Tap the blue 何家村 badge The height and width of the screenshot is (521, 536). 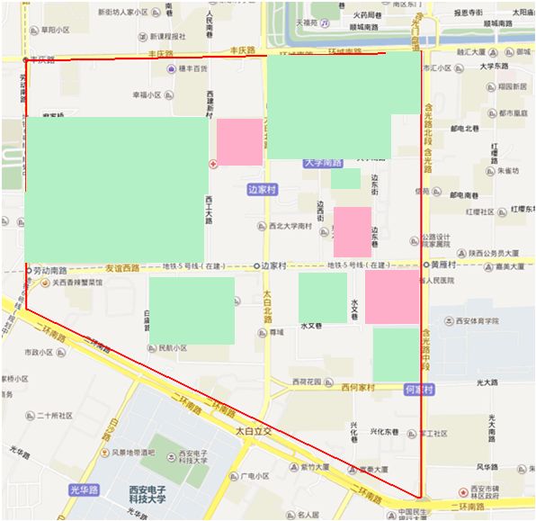click(419, 390)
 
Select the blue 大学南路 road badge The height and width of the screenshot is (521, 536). click(323, 163)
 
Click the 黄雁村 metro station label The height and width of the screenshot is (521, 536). click(447, 265)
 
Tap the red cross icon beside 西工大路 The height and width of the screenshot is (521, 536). click(213, 165)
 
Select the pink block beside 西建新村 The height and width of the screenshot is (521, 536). click(239, 141)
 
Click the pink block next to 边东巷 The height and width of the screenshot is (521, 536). click(353, 232)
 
